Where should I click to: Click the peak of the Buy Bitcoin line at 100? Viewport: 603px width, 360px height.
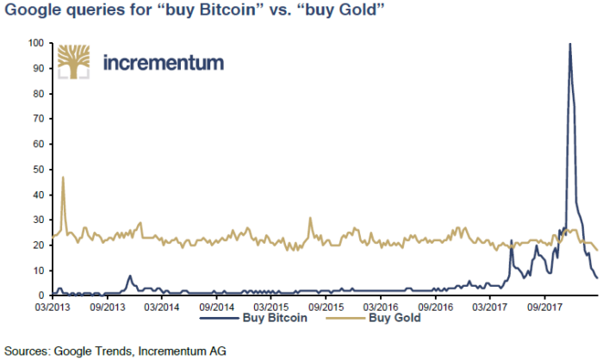[x=569, y=43]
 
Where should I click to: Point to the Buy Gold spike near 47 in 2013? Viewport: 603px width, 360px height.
[x=63, y=177]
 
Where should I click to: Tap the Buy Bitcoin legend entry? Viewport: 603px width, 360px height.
[x=254, y=318]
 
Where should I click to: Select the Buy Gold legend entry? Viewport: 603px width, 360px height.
[x=373, y=318]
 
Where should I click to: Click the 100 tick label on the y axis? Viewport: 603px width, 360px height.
[x=36, y=43]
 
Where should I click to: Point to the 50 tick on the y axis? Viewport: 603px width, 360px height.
[x=39, y=169]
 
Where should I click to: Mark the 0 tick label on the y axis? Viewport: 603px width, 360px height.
[x=41, y=295]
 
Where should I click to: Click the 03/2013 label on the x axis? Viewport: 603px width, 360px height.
[x=53, y=307]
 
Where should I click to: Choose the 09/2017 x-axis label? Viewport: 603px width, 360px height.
[x=544, y=307]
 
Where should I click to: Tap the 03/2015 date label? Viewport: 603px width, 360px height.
[x=271, y=307]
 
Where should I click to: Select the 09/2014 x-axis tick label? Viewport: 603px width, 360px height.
[x=216, y=307]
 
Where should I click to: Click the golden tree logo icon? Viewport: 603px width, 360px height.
[x=73, y=62]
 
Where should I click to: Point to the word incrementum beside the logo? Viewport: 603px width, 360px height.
[x=164, y=62]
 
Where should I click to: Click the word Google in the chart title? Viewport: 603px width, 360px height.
[x=33, y=10]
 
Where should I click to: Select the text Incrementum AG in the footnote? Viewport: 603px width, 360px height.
[x=182, y=351]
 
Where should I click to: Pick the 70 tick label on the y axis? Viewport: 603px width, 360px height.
[x=39, y=119]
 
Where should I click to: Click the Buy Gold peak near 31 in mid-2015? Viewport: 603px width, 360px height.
[x=310, y=218]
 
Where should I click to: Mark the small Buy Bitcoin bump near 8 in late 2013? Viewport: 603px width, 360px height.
[x=130, y=276]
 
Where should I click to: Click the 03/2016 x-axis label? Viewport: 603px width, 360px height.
[x=381, y=307]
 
